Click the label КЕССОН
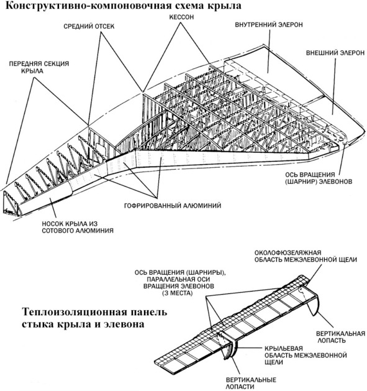pos(181,17)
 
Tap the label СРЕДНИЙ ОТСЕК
pos(89,26)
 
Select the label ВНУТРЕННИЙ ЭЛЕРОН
pos(269,25)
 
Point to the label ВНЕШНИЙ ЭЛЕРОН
pos(335,53)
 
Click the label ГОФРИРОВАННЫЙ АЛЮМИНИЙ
pos(173,206)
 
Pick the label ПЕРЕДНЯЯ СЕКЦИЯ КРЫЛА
pos(39,67)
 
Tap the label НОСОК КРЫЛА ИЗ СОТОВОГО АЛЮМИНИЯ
pos(78,227)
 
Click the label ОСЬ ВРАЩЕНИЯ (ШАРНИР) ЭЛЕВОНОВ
pos(319,178)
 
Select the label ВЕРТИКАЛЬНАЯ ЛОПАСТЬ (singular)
pos(340,337)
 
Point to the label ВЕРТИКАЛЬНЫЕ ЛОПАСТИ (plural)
pos(251,384)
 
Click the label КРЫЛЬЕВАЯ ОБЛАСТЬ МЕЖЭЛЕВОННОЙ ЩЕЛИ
pos(306,355)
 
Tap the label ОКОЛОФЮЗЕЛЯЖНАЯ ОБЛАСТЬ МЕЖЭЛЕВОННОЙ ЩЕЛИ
pos(306,256)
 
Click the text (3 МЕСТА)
pos(178,293)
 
